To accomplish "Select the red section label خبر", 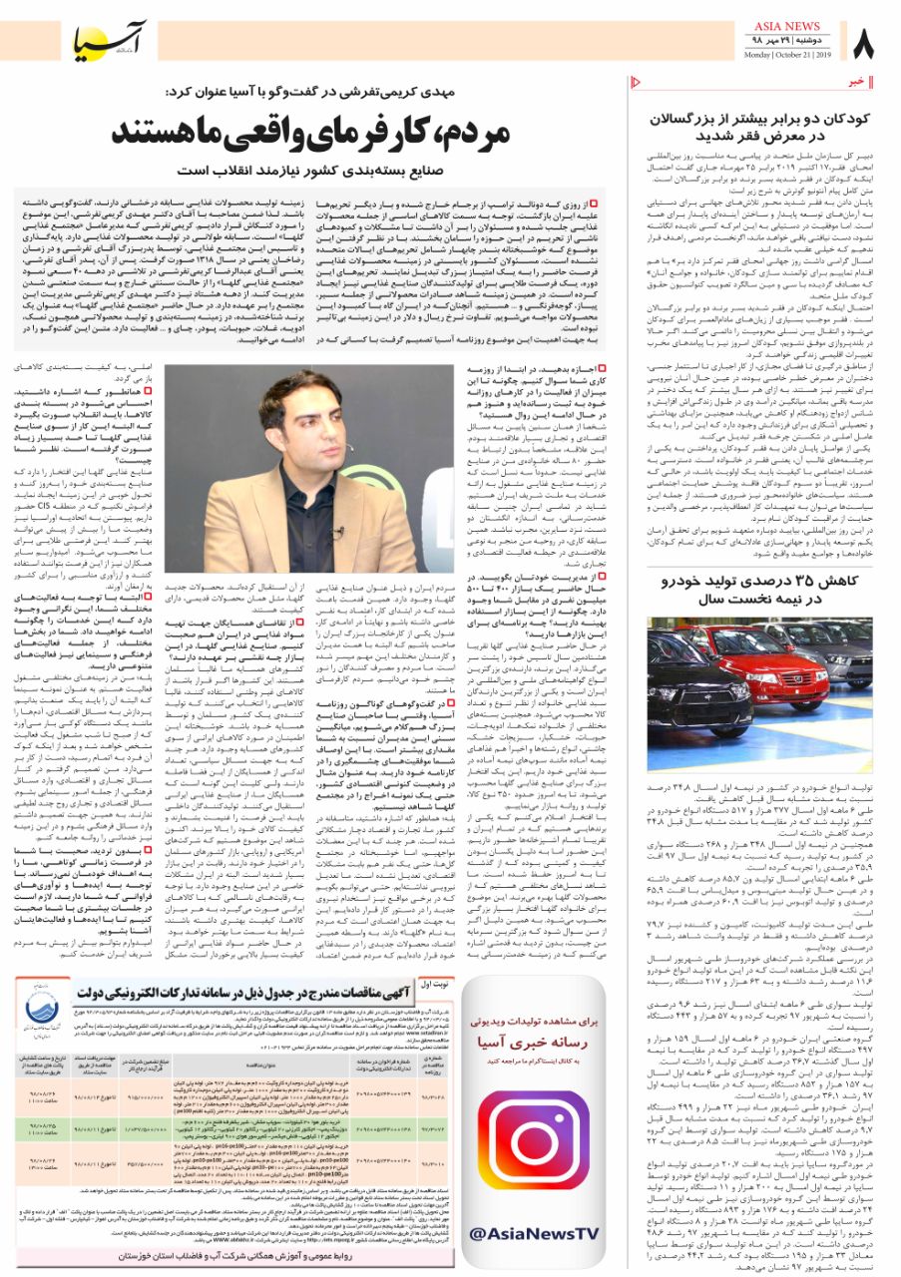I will point(855,81).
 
